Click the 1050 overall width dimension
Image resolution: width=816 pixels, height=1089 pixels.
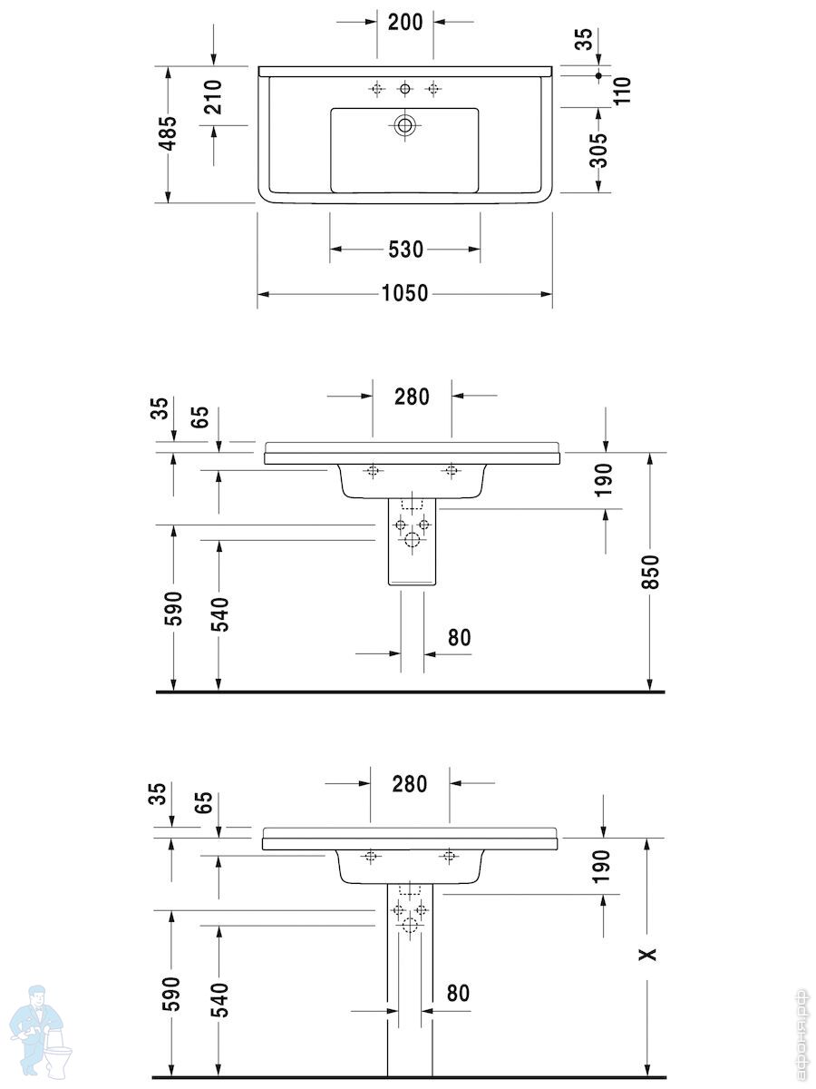[404, 293]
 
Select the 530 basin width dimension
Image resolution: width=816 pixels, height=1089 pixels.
[405, 249]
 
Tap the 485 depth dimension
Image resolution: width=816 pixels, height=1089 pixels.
[169, 133]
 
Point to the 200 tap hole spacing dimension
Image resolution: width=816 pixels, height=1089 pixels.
[405, 23]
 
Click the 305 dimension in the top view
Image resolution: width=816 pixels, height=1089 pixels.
[598, 151]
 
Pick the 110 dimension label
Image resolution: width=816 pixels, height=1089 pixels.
[622, 90]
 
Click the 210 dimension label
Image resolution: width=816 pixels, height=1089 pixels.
[214, 97]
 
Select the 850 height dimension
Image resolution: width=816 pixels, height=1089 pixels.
[650, 572]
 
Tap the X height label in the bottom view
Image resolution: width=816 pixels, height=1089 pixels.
[647, 954]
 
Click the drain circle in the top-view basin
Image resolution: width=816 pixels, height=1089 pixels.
[404, 125]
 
